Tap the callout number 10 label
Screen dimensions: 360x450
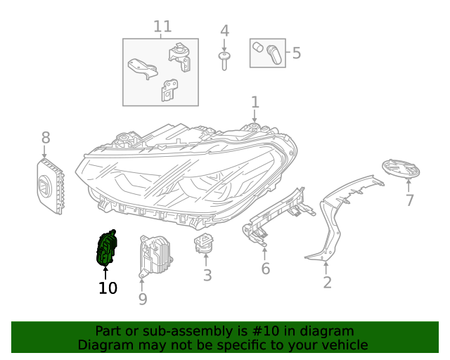pos(108,288)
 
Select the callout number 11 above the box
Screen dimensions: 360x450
pos(162,27)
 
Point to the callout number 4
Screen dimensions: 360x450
pos(224,31)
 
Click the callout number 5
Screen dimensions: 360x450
pos(296,53)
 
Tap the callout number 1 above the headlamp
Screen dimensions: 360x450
pos(255,102)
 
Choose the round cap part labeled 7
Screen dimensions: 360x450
pos(400,169)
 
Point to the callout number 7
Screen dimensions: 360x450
pos(409,200)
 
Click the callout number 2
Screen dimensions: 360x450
pos(327,283)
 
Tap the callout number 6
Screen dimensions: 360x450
pos(265,269)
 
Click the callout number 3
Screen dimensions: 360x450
pos(207,275)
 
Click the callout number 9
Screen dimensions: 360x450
pos(142,300)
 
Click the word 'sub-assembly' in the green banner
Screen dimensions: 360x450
pos(175,331)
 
